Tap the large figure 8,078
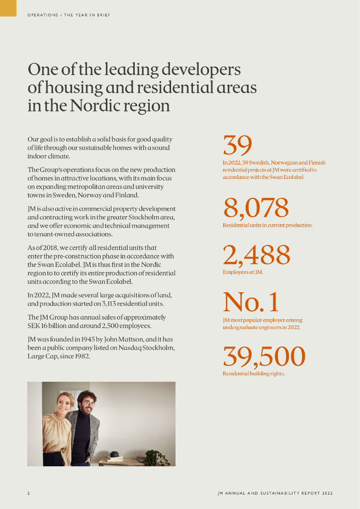point(256,208)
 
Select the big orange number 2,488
point(256,255)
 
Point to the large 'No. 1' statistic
point(251,302)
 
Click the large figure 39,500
point(264,356)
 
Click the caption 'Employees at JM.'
point(243,272)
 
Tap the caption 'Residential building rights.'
point(254,374)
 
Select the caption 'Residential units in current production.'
point(268,226)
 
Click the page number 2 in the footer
point(28,493)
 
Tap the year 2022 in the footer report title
point(327,493)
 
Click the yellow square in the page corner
point(8,8)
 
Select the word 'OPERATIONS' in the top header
point(43,15)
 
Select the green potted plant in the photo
point(156,457)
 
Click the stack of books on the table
point(115,458)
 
